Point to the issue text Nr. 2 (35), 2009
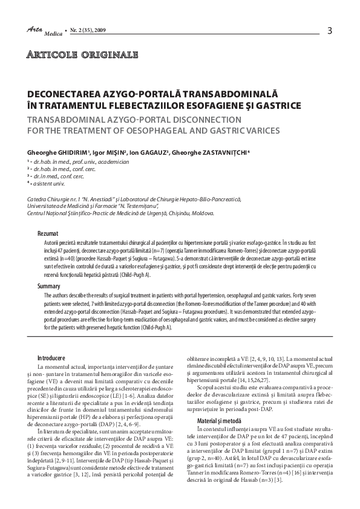[x=90, y=28]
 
